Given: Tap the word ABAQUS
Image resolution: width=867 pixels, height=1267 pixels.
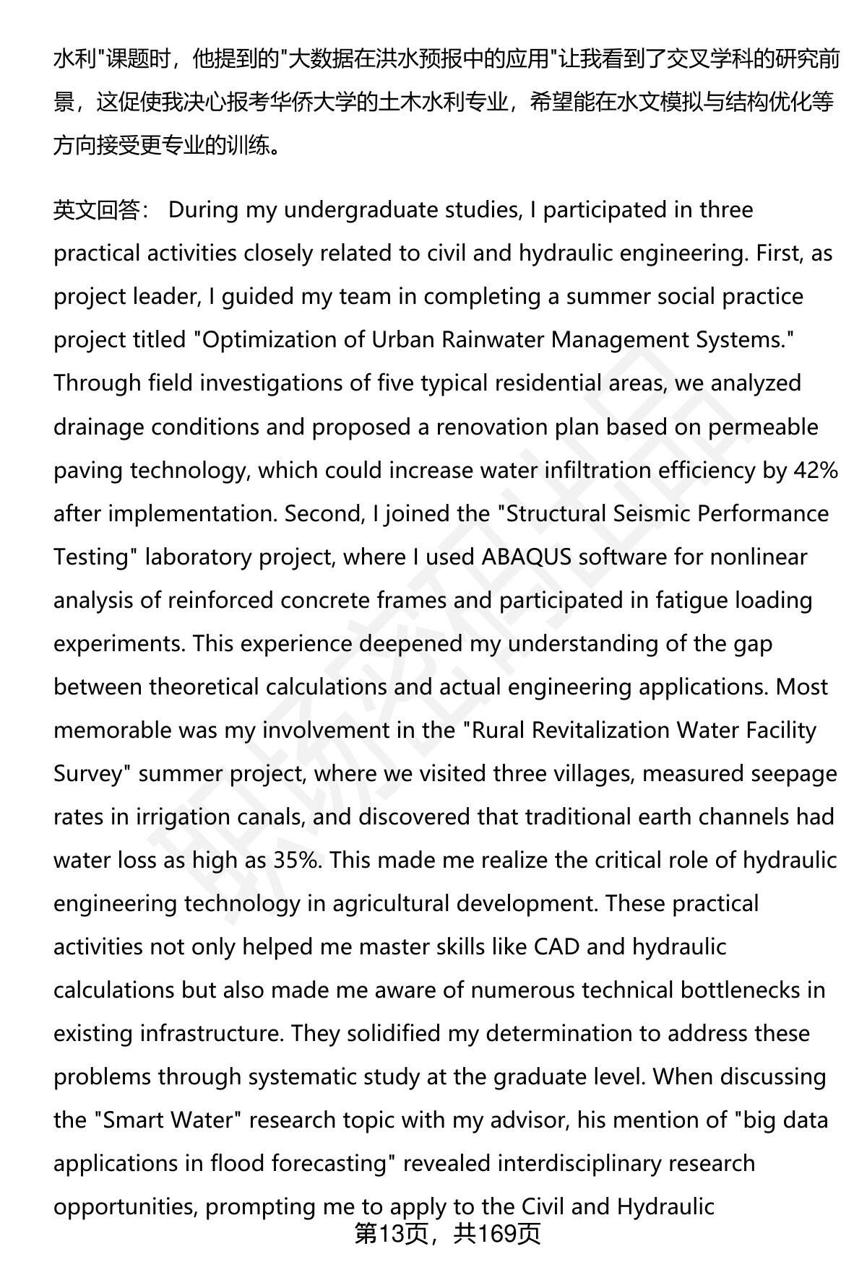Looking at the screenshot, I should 526,557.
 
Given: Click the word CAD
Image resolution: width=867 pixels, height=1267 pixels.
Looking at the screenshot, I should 556,946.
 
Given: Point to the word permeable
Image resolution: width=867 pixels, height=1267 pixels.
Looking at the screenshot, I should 762,427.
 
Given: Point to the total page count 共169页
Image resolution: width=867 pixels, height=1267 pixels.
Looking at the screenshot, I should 497,1234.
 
